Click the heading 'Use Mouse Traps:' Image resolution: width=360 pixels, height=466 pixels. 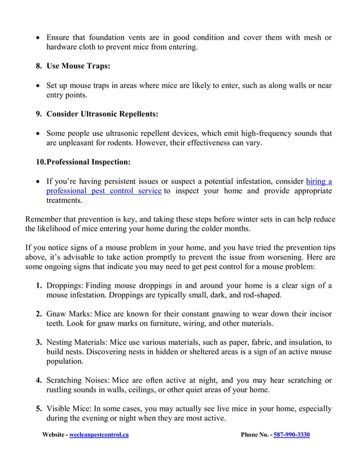tap(78, 66)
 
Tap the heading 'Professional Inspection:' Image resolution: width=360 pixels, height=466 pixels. tap(88, 162)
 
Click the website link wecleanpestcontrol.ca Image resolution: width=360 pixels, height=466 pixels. tap(98, 435)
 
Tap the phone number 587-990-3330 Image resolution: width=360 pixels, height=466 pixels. tap(292, 435)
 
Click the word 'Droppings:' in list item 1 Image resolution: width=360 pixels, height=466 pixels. tap(65, 285)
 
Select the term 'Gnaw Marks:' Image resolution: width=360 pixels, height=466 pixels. tap(69, 314)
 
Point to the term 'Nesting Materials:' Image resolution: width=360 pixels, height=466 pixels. tap(78, 342)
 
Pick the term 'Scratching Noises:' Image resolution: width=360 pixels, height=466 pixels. tap(78, 380)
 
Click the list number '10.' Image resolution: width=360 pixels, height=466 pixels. tap(40, 162)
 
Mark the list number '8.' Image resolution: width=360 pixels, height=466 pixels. tap(39, 66)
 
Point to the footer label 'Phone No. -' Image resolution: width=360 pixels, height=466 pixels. tap(256, 435)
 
